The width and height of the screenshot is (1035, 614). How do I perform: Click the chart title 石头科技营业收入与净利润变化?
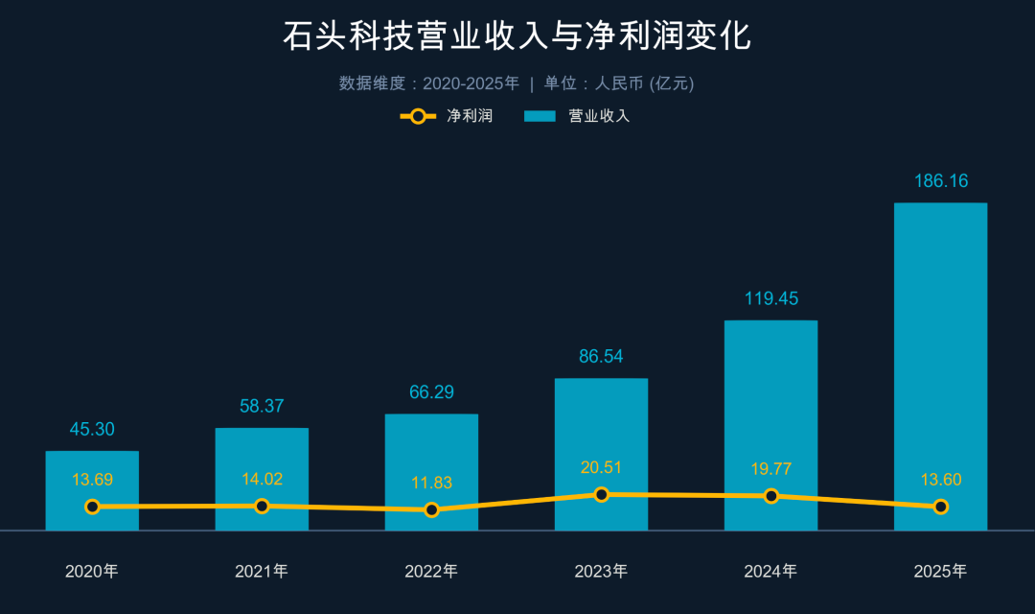[x=517, y=35]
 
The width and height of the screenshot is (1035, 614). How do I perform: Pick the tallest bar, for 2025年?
[x=940, y=365]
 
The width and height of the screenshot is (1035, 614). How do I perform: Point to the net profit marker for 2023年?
[x=601, y=494]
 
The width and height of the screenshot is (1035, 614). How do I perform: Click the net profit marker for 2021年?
[x=262, y=506]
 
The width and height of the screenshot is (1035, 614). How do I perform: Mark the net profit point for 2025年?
[x=940, y=507]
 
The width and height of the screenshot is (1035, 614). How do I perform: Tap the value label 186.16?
[x=940, y=180]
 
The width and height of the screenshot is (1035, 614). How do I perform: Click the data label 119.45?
[x=770, y=298]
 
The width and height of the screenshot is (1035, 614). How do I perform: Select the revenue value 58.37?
[x=262, y=406]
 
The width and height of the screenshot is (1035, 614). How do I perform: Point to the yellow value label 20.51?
[x=601, y=467]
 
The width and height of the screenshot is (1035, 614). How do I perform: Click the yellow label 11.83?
[x=431, y=483]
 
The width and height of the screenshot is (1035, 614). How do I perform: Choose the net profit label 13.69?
[x=92, y=479]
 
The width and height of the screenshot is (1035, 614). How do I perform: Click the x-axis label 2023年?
[x=601, y=572]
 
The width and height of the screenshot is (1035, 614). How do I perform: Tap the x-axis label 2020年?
[x=92, y=572]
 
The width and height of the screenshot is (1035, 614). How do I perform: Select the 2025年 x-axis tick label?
[x=940, y=572]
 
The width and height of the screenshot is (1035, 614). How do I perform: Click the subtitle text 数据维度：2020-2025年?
[x=428, y=83]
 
